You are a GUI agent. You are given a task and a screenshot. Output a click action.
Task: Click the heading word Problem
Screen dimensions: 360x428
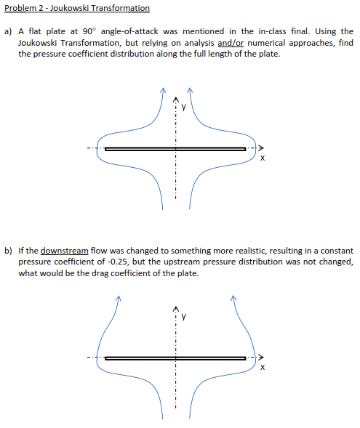[x=21, y=8]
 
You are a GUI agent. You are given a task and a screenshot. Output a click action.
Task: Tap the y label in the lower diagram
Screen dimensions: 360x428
[x=184, y=316]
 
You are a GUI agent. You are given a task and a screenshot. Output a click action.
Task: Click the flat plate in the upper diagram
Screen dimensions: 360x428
[x=175, y=148]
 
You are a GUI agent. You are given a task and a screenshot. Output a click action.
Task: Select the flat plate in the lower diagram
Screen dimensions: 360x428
[x=175, y=357]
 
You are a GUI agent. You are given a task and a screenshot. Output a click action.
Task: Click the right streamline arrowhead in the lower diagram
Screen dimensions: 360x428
[x=234, y=296]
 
